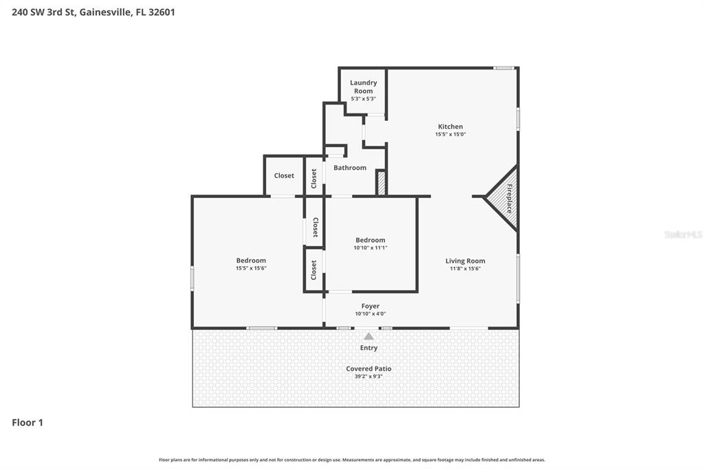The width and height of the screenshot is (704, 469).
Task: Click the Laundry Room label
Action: click(x=363, y=87)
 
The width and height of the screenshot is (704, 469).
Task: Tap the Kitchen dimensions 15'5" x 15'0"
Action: click(x=450, y=135)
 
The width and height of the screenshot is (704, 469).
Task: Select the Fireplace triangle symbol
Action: click(x=505, y=198)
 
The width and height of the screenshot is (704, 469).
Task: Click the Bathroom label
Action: click(x=350, y=168)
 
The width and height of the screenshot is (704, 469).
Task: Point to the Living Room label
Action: click(x=465, y=261)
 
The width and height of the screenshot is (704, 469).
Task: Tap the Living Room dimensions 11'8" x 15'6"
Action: click(x=465, y=269)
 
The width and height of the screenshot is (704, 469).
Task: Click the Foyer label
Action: click(x=370, y=306)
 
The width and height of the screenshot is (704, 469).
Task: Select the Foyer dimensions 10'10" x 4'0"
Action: click(x=370, y=314)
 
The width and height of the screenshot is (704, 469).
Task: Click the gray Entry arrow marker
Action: click(x=368, y=336)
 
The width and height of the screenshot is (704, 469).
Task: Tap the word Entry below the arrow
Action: click(x=368, y=348)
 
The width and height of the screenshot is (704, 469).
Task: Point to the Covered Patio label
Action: click(x=368, y=369)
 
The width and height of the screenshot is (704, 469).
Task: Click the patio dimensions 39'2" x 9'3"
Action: click(x=368, y=377)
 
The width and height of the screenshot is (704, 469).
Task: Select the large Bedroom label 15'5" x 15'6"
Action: click(x=251, y=261)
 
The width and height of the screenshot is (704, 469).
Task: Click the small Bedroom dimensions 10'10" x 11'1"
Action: click(x=371, y=248)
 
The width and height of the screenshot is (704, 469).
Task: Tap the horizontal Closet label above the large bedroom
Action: click(x=284, y=176)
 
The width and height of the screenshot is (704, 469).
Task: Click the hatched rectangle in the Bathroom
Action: click(x=380, y=183)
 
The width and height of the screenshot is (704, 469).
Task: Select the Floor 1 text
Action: click(x=27, y=423)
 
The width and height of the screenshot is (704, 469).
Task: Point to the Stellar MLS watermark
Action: click(x=683, y=235)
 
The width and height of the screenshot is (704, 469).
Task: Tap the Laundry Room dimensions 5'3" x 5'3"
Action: click(x=363, y=99)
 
